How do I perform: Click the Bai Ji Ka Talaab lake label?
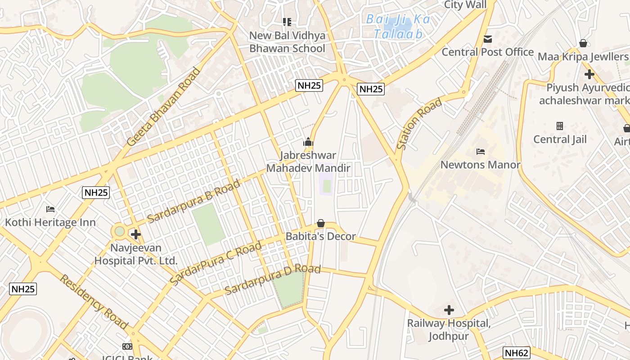(398, 27)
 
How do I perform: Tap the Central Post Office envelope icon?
(488, 39)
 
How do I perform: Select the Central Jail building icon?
(560, 126)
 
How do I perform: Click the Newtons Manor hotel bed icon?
(481, 151)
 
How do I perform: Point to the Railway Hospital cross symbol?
(449, 310)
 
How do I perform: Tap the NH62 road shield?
(516, 353)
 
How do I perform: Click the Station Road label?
(419, 124)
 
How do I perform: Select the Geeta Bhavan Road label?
(164, 107)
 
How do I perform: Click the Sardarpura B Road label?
(193, 202)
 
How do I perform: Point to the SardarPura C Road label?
(216, 263)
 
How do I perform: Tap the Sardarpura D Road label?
(273, 279)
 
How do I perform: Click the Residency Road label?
(94, 301)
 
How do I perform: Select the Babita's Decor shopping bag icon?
(321, 223)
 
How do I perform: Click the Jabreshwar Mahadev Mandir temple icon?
(308, 142)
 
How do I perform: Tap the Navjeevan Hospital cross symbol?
(135, 234)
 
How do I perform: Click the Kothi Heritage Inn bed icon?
(50, 209)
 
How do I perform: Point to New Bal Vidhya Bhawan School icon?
(287, 22)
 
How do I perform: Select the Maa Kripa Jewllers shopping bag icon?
(583, 43)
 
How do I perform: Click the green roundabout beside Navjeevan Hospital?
(119, 231)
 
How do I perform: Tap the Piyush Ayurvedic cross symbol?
(589, 74)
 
